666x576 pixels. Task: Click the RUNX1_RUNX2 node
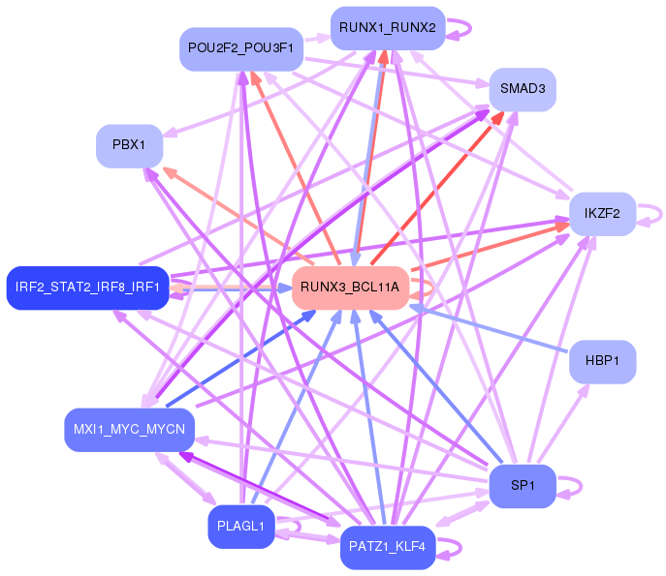tap(387, 28)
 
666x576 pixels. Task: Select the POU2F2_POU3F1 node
tap(241, 48)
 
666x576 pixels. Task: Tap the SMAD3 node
tap(522, 90)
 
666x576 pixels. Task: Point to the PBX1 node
tap(129, 145)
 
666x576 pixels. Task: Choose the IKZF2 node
tap(602, 213)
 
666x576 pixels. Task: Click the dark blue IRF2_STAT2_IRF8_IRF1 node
tap(87, 287)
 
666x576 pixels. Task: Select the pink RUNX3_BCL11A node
tap(349, 288)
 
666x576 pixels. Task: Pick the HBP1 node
tap(602, 361)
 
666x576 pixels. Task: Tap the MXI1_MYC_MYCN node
tap(129, 429)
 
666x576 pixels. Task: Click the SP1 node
tap(523, 486)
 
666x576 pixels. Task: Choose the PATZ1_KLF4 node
tap(387, 548)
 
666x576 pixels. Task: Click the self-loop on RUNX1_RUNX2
tap(460, 27)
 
